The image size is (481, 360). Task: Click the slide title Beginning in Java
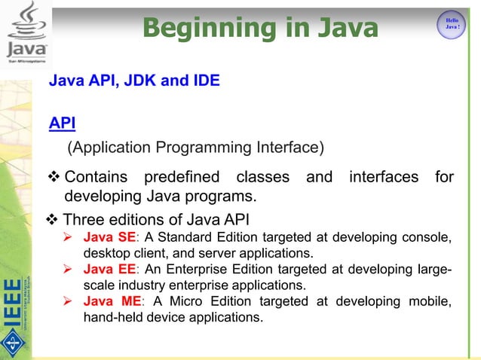pos(259,29)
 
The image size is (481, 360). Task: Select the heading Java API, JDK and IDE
pos(134,81)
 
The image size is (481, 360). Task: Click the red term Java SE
pos(109,238)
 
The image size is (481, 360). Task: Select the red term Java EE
pos(109,270)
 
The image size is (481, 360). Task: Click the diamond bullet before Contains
pos(55,178)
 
